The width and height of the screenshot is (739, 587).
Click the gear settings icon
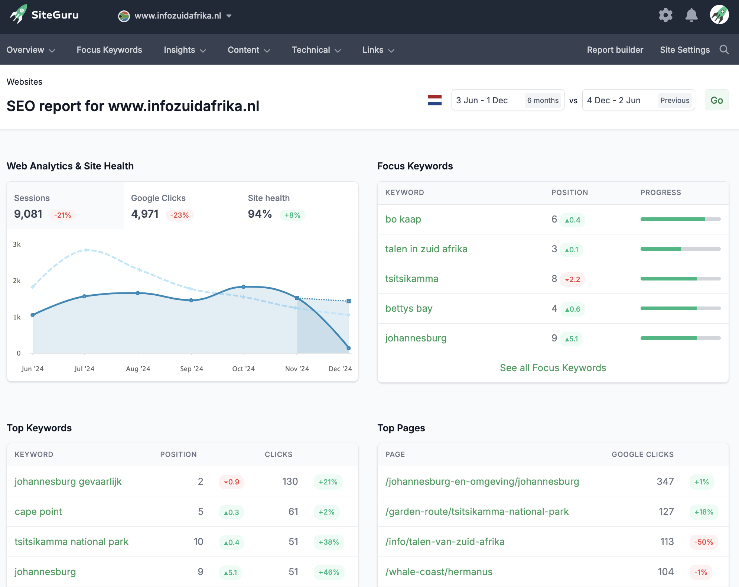[x=665, y=15]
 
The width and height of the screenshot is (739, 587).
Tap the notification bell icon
[x=691, y=15]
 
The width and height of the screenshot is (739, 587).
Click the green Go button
[x=716, y=100]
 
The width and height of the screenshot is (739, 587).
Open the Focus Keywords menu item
[x=109, y=50]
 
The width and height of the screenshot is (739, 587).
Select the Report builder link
[x=615, y=50]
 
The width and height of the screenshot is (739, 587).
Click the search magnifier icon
[x=724, y=50]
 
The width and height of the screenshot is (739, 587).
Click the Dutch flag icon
[x=434, y=100]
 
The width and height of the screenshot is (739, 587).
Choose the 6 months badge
[x=543, y=100]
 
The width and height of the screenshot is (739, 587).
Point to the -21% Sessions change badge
[x=62, y=215]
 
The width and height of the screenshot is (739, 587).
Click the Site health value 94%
[x=260, y=214]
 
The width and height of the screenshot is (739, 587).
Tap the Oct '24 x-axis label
[x=243, y=369]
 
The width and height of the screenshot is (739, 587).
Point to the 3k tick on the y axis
[x=17, y=244]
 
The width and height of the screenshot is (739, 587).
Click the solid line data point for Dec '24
[x=348, y=348]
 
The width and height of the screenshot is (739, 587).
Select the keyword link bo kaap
[x=403, y=219]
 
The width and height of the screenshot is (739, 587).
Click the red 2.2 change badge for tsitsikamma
[x=572, y=279]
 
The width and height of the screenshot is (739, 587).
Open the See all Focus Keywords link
[x=553, y=368]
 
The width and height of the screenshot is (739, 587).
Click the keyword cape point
[x=38, y=512]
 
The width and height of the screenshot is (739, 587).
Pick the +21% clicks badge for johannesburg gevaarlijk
[x=328, y=482]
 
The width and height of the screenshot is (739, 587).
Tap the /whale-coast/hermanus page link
[x=439, y=572]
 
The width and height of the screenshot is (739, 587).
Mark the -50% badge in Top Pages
[x=703, y=542]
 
